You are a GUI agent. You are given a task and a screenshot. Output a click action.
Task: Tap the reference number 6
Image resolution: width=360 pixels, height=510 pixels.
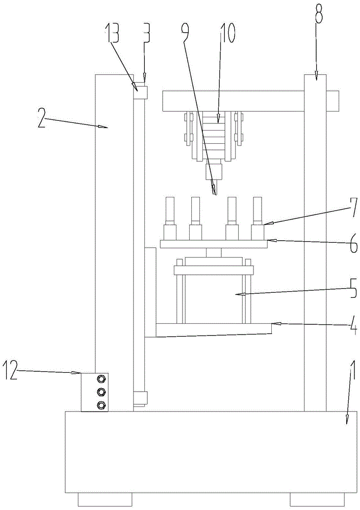tap(352, 242)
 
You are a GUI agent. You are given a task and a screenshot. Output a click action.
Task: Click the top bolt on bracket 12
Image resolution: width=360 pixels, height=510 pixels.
tap(101, 378)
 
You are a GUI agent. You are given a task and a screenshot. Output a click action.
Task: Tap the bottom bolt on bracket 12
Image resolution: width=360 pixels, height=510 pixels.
tap(101, 404)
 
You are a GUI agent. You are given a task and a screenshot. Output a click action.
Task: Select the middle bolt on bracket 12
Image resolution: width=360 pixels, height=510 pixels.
tap(101, 392)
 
